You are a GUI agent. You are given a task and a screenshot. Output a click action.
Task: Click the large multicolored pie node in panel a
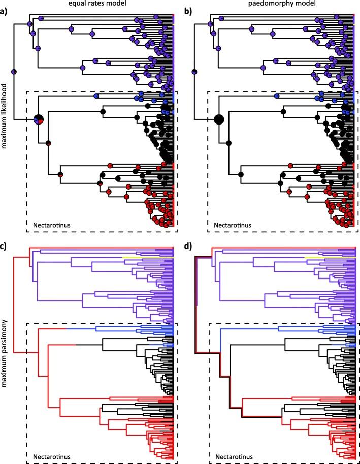pyautogui.click(x=39, y=120)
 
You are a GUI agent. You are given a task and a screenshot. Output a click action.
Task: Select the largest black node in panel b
pyautogui.click(x=219, y=120)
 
